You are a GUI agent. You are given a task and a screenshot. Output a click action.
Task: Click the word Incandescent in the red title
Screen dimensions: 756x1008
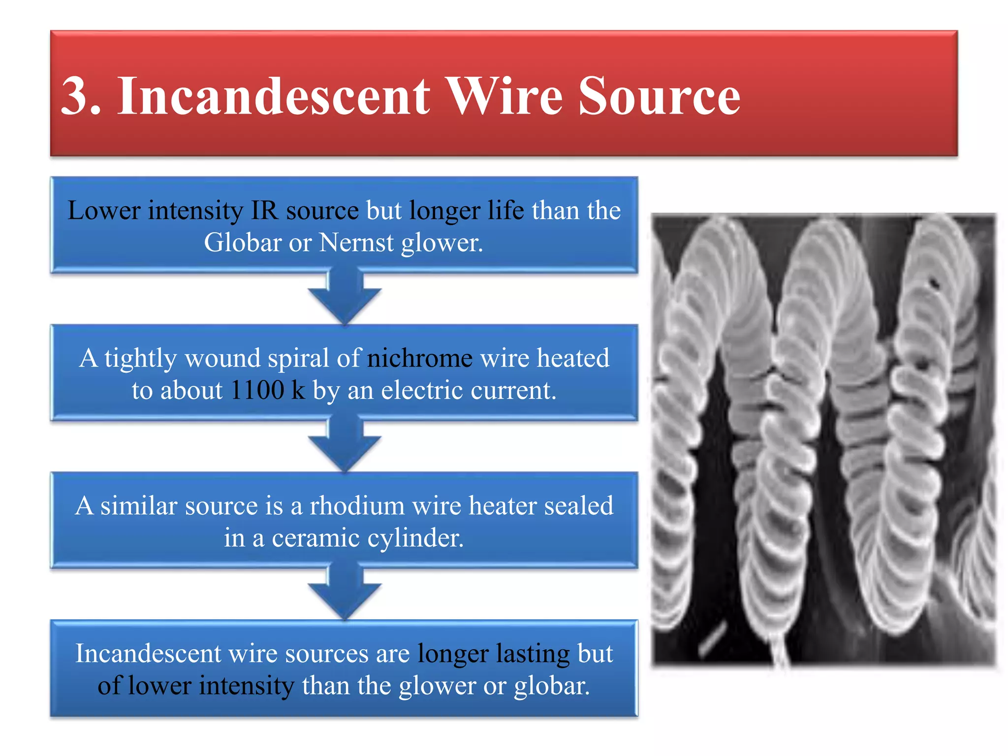click(273, 96)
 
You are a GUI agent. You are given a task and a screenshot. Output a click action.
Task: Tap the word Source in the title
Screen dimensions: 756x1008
click(659, 96)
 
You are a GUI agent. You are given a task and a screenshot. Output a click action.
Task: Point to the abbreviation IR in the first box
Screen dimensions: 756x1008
click(265, 211)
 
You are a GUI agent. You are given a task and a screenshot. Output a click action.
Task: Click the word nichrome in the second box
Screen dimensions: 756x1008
click(420, 358)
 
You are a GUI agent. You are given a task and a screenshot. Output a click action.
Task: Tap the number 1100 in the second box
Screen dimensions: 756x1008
click(257, 390)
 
